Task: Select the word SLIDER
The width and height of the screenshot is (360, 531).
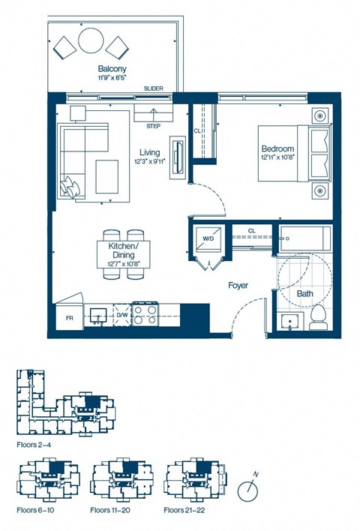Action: (x=154, y=89)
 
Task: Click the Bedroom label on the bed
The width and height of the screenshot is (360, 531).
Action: (x=276, y=148)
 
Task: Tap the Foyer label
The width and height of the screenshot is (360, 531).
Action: (x=239, y=286)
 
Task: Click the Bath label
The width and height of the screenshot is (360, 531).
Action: (x=304, y=294)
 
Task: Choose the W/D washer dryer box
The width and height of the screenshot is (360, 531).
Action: (x=208, y=239)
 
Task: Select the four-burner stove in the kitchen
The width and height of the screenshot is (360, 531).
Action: (x=144, y=313)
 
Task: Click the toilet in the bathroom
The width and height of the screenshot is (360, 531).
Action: (x=316, y=318)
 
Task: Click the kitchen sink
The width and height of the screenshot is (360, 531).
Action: (x=97, y=314)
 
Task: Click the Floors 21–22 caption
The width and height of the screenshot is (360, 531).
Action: (x=187, y=510)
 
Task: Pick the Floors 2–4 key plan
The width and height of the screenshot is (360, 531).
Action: (x=64, y=405)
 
